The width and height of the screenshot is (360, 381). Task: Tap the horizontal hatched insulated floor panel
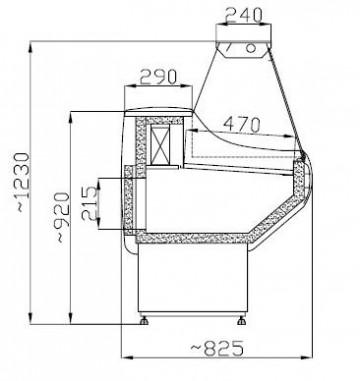pyautogui.click(x=200, y=238)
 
